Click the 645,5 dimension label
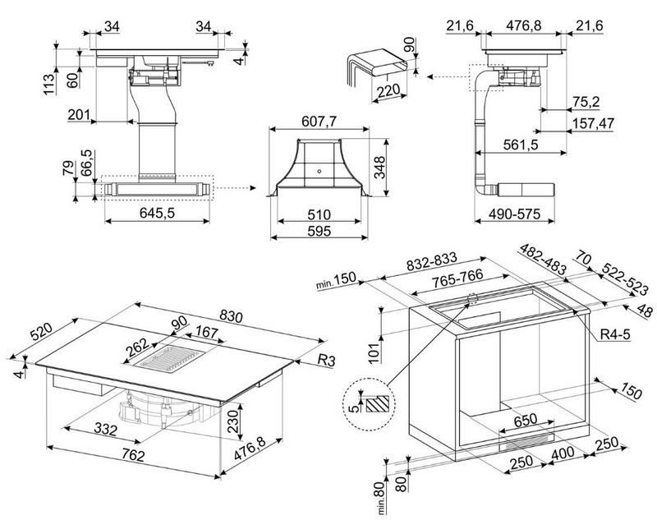[x=157, y=214]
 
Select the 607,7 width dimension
[x=319, y=122]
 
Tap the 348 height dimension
[x=379, y=168]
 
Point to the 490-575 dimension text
[x=515, y=214]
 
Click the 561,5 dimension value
[x=520, y=145]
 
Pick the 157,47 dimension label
[x=593, y=123]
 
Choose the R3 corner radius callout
[x=326, y=361]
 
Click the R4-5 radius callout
[x=615, y=334]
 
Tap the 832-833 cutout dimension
[x=432, y=262]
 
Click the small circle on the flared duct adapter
[x=319, y=171]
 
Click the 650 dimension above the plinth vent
[x=525, y=419]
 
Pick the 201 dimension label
[x=79, y=114]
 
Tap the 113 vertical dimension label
[x=49, y=85]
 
